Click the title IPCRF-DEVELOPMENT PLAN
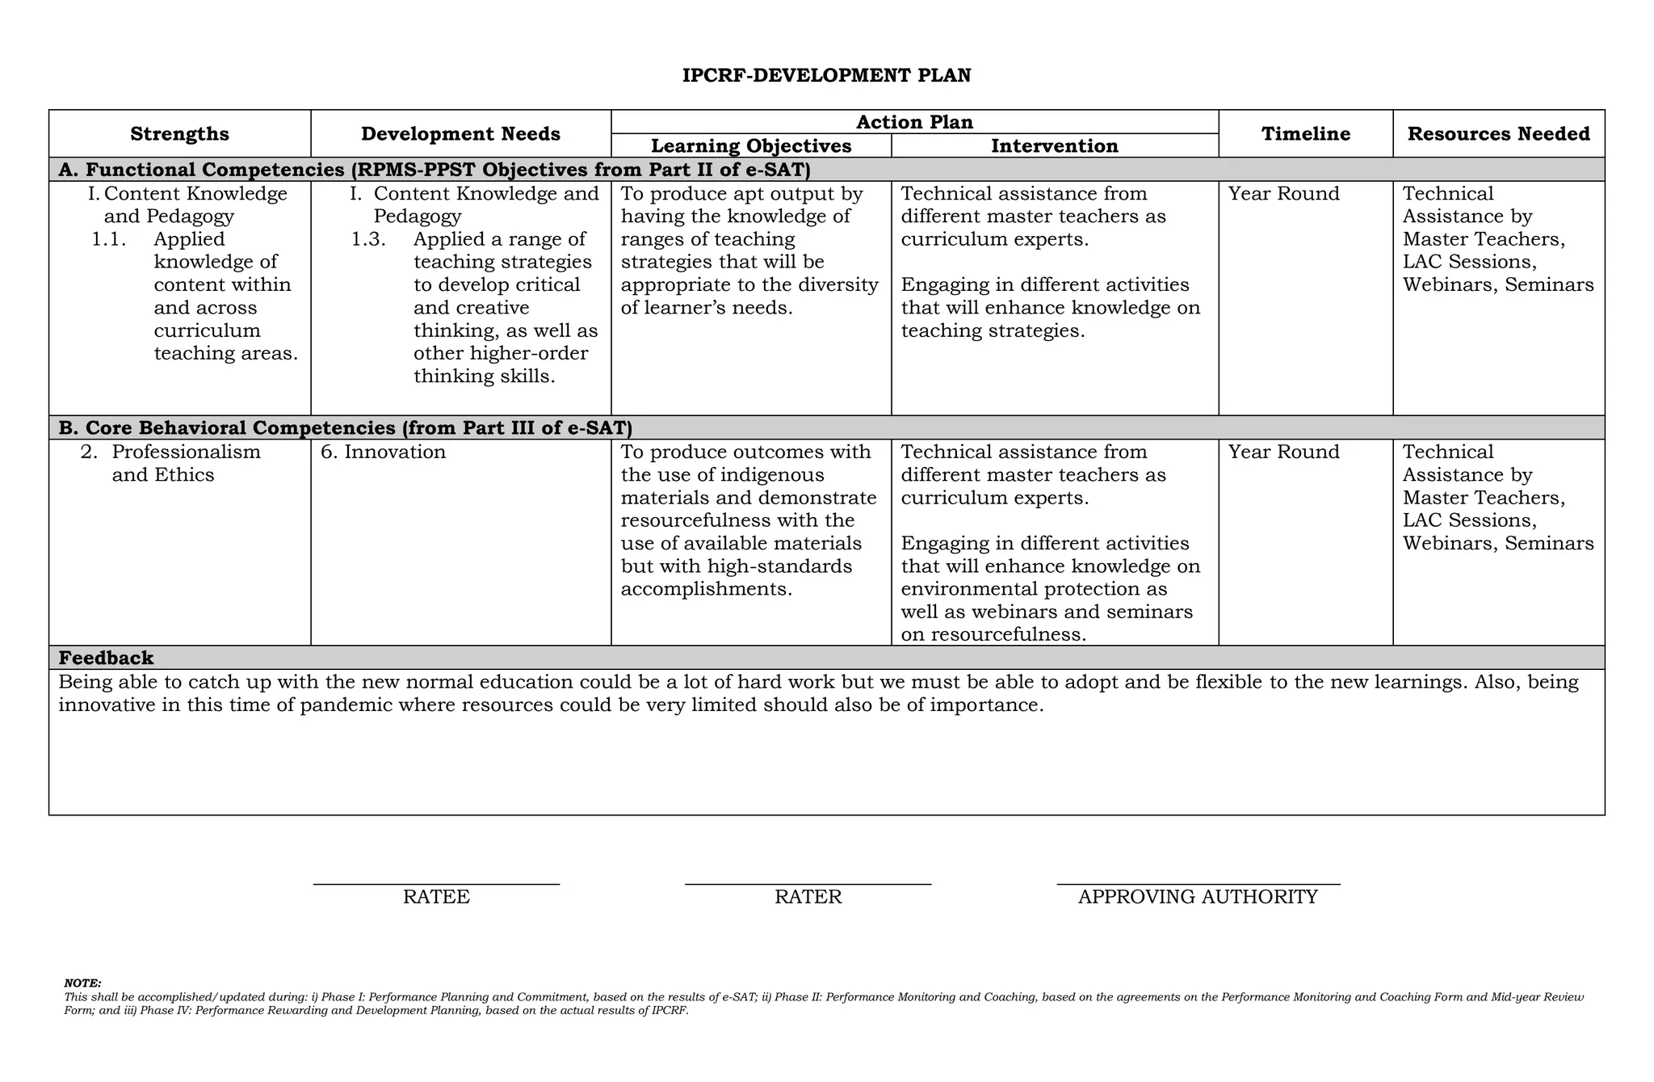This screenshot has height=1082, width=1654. tap(826, 76)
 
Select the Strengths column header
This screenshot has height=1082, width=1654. tap(179, 134)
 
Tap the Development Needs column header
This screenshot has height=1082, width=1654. tap(460, 134)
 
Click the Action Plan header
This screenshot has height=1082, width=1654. tap(914, 122)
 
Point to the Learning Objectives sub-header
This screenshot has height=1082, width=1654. tap(751, 146)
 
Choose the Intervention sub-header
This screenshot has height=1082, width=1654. tap(1055, 146)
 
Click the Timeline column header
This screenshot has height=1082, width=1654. tap(1305, 134)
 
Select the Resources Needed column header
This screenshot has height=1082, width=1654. tap(1498, 134)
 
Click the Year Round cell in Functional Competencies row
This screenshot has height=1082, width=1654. tap(1283, 194)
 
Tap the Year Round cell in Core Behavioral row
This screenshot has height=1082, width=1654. tap(1283, 452)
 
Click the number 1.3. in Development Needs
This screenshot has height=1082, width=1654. tap(368, 239)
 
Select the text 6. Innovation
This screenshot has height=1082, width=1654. tap(384, 452)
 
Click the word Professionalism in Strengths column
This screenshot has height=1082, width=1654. tap(186, 452)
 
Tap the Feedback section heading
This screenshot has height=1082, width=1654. tap(106, 658)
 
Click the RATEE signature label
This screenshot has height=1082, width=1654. tap(436, 897)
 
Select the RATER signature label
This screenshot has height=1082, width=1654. tap(808, 897)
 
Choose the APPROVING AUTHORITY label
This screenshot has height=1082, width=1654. tap(1198, 897)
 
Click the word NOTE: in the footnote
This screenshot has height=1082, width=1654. tap(82, 983)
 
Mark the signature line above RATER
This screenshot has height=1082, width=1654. tap(808, 885)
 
